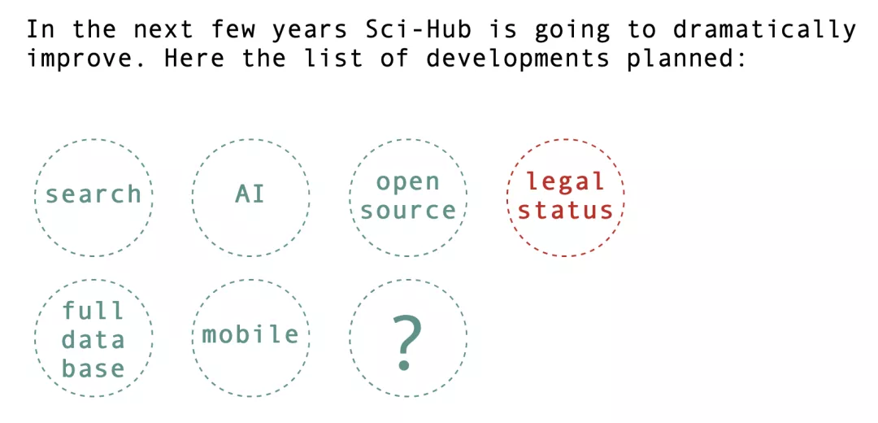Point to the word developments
click(x=516, y=59)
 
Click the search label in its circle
click(x=93, y=194)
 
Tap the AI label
click(x=250, y=194)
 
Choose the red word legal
click(x=566, y=181)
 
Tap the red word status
click(x=565, y=211)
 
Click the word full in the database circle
click(x=93, y=310)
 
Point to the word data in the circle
click(x=93, y=339)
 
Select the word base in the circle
click(x=93, y=368)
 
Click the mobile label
click(x=250, y=334)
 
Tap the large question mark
click(x=407, y=342)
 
